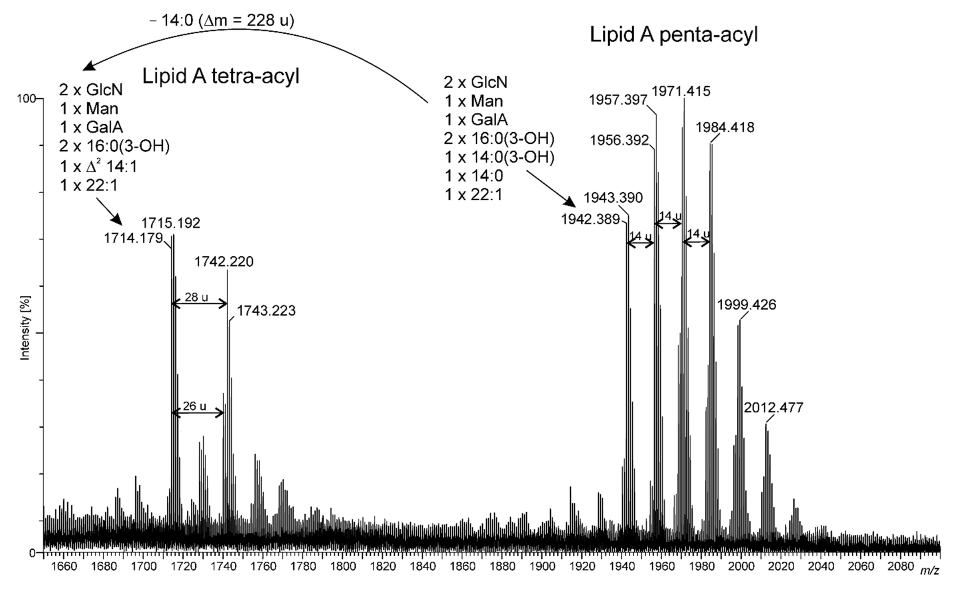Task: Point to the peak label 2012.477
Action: pyautogui.click(x=773, y=408)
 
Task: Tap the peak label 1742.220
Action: pyautogui.click(x=224, y=261)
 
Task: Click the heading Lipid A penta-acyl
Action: pyautogui.click(x=673, y=35)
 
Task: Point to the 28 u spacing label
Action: pyautogui.click(x=196, y=297)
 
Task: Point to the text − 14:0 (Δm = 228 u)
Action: pyautogui.click(x=222, y=20)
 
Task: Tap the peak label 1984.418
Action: pyautogui.click(x=725, y=127)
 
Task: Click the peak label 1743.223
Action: pyautogui.click(x=266, y=311)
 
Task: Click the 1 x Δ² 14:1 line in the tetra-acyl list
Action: pyautogui.click(x=99, y=167)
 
